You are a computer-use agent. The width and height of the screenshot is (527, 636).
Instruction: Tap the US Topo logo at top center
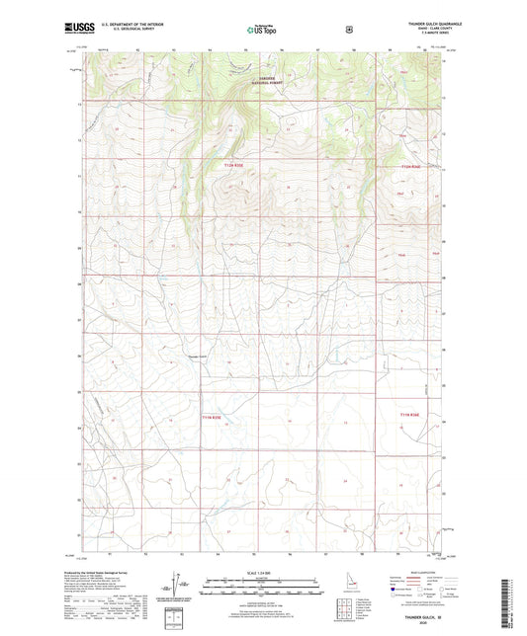pos(262,30)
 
